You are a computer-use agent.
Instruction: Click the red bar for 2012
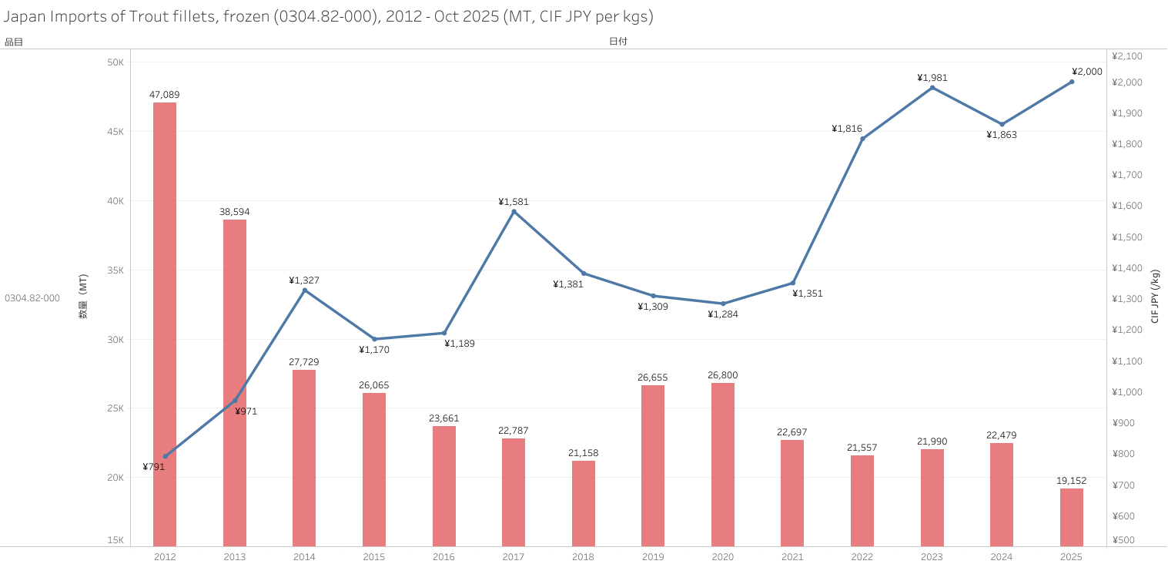point(165,324)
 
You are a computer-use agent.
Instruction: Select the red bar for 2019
point(653,465)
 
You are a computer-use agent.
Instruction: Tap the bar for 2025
point(1071,517)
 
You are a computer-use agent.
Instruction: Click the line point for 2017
point(514,211)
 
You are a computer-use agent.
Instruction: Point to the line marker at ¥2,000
point(1072,82)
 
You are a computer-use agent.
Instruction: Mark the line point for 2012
point(165,456)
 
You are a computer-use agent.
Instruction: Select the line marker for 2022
point(862,139)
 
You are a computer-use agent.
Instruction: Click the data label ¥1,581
point(514,202)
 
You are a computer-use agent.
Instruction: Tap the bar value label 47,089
point(165,95)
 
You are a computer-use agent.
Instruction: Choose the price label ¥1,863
point(1002,135)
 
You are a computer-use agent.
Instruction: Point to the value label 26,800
point(723,375)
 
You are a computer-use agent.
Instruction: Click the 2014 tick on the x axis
point(304,556)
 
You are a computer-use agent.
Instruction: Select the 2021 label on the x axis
point(792,556)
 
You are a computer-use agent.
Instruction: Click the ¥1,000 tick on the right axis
point(1128,392)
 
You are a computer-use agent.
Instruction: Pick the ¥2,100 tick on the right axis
point(1128,56)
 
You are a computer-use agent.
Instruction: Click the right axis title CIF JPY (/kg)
point(1155,297)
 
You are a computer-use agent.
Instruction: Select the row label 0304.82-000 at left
point(32,297)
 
